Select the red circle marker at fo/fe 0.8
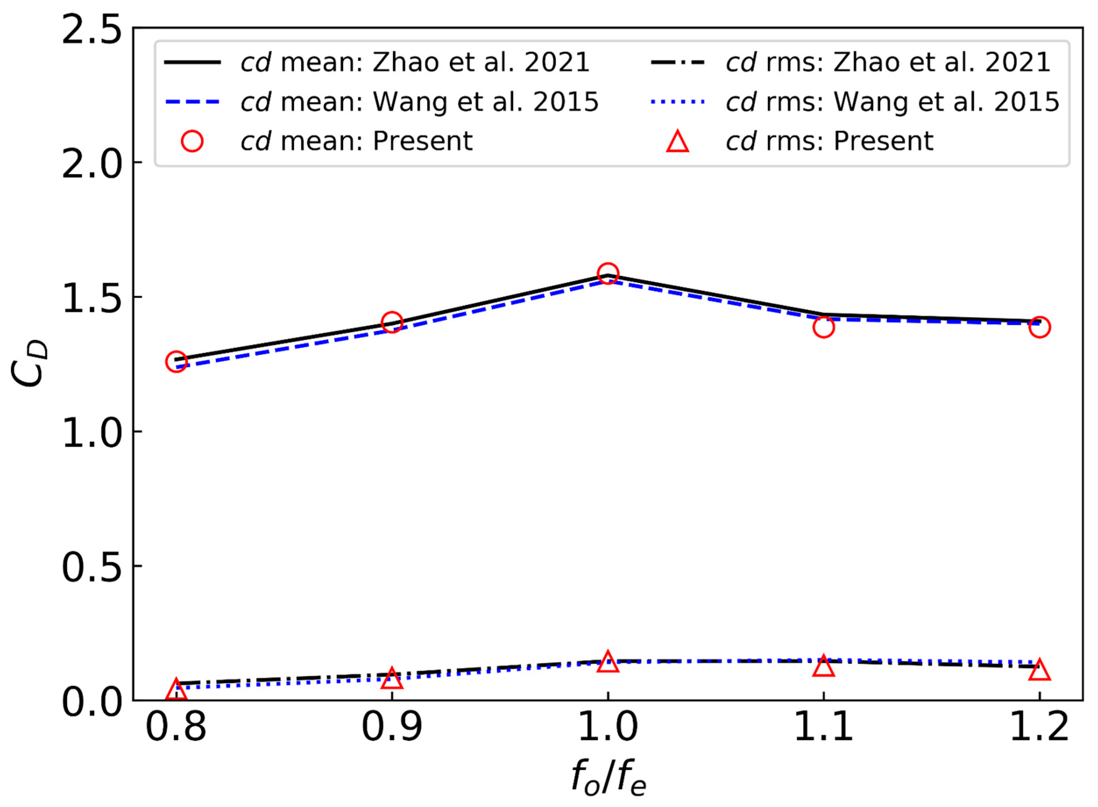[176, 362]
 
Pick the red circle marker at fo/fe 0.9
[392, 322]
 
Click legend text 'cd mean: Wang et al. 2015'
[419, 102]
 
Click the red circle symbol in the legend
[192, 141]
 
